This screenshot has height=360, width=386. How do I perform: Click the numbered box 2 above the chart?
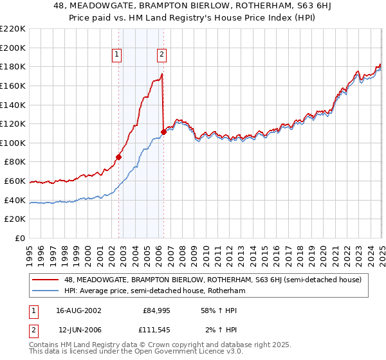tap(161, 55)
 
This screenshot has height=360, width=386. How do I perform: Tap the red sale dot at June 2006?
tap(163, 132)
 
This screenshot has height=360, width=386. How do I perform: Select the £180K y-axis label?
tap(14, 66)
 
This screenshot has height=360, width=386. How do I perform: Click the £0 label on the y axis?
tap(21, 238)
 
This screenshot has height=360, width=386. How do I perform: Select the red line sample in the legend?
tap(46, 280)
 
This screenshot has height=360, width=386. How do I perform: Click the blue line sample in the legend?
tap(46, 291)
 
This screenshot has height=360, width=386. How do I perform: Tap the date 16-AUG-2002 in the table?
tap(78, 310)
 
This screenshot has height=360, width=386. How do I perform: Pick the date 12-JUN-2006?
tap(78, 330)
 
